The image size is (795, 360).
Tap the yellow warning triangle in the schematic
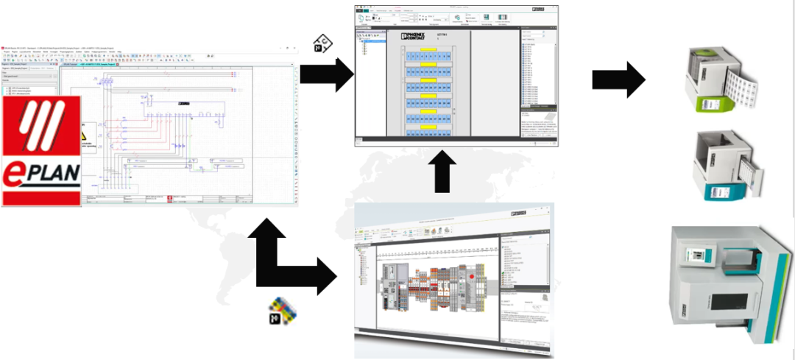pos(87,138)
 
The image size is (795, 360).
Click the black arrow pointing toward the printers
pos(618,80)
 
